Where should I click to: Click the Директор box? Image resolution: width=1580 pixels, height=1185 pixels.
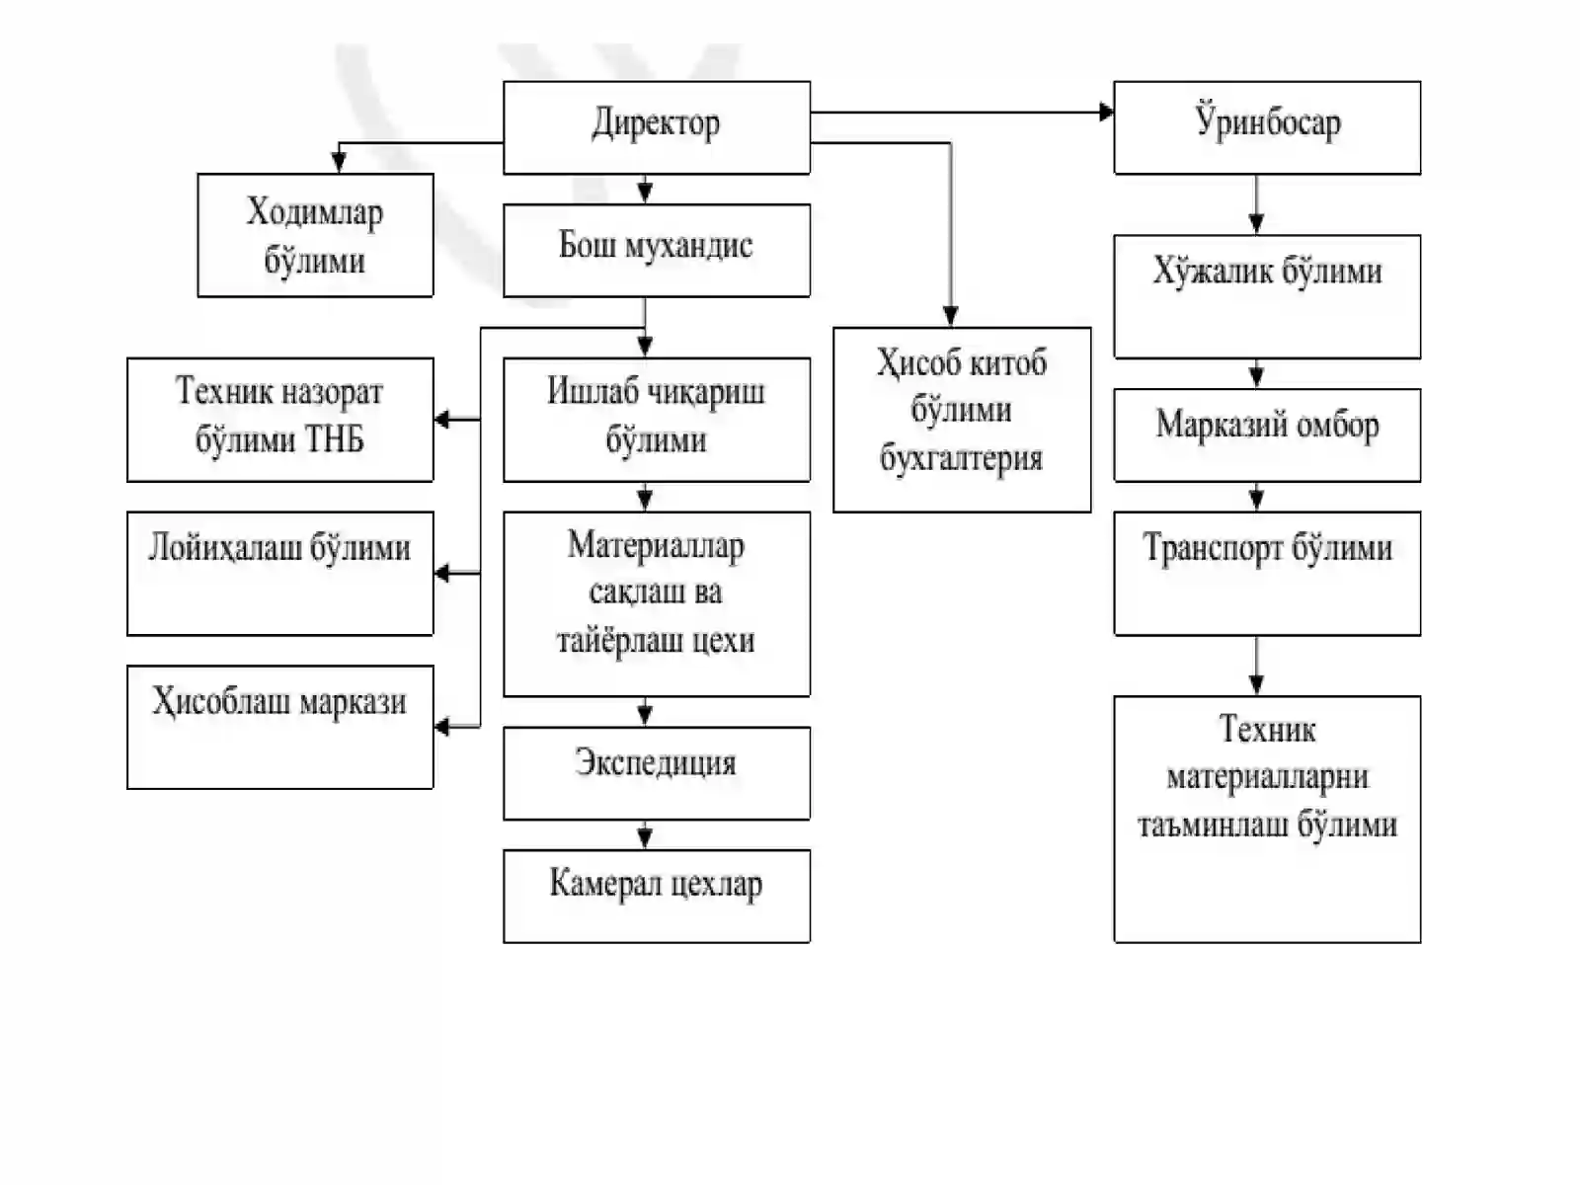[x=657, y=127]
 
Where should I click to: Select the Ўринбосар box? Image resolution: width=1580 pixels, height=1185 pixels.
[x=1267, y=127]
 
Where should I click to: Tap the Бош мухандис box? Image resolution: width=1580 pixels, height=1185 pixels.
[x=657, y=251]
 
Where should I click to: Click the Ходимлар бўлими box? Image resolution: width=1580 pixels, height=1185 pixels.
[x=315, y=235]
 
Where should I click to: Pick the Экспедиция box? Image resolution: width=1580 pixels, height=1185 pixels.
[x=657, y=773]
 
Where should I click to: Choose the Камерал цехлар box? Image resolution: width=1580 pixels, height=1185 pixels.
[x=657, y=896]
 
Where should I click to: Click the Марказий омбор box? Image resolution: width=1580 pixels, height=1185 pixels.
[x=1267, y=434]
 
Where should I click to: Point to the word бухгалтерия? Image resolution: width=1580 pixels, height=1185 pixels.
[x=961, y=458]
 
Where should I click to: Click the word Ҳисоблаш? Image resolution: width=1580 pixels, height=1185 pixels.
[x=219, y=701]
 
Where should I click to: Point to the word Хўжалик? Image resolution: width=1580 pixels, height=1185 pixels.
[x=1211, y=272]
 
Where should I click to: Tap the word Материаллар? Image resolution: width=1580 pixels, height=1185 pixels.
[x=656, y=545]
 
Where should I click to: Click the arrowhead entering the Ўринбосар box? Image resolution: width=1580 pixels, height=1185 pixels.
[x=1106, y=113]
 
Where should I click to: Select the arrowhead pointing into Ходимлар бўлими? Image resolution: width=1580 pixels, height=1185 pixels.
[x=339, y=163]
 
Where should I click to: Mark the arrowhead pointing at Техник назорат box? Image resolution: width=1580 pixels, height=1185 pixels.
[x=442, y=419]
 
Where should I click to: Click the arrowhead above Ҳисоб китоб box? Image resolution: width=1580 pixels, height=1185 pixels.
[x=950, y=317]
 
